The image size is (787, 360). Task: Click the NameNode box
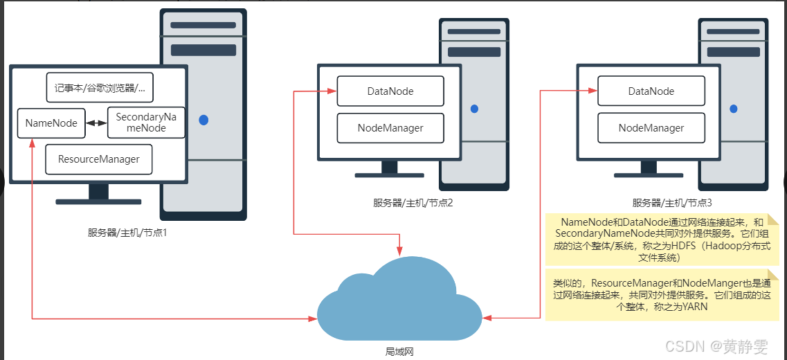tap(51, 123)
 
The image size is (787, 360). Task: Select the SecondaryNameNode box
tap(145, 123)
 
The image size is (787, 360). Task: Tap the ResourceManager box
tap(99, 159)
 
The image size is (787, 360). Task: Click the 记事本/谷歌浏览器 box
tap(100, 88)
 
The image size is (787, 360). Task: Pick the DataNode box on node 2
tap(390, 91)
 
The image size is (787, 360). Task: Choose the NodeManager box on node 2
tap(390, 128)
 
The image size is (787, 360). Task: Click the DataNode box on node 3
tap(651, 91)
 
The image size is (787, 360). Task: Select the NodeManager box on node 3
tap(651, 128)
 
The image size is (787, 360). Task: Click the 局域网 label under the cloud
tap(399, 352)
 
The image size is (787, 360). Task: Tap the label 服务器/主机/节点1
tap(127, 233)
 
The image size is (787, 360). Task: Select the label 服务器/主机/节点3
tap(672, 203)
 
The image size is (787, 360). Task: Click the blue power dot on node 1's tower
tap(203, 120)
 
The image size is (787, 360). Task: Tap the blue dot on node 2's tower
tap(474, 109)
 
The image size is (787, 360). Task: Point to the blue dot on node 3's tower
tap(734, 109)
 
